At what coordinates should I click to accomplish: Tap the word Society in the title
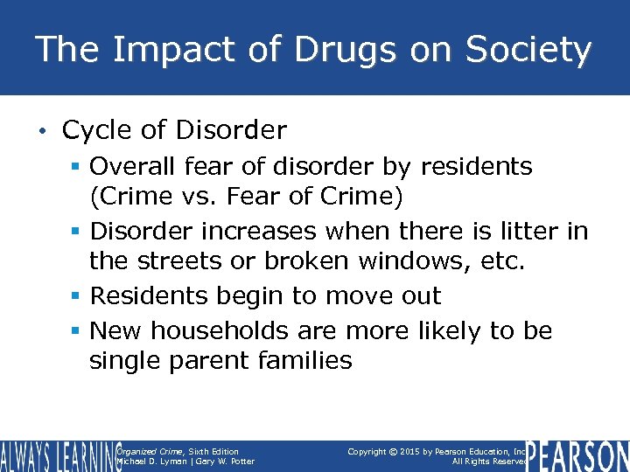(530, 50)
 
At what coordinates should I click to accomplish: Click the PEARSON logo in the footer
(577, 455)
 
